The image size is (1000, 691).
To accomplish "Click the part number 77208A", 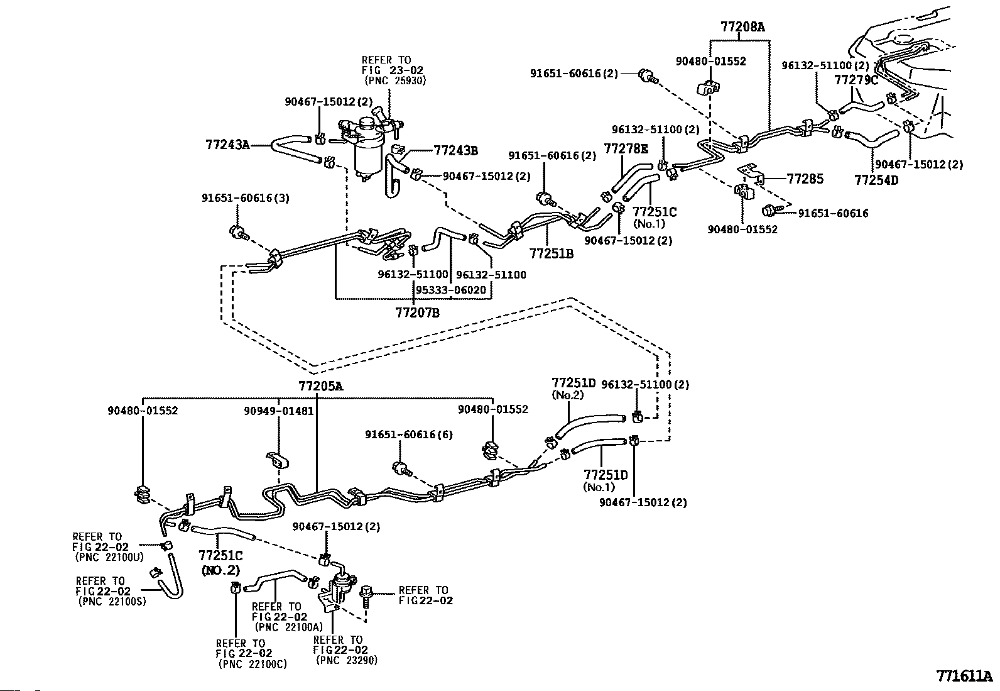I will tap(742, 27).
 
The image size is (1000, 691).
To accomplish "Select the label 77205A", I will tap(321, 386).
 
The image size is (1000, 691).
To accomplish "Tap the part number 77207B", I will tap(417, 311).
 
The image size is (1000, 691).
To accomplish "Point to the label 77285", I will tap(805, 179).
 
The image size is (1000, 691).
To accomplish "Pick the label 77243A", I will tap(227, 145).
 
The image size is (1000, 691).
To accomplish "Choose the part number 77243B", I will tap(455, 150).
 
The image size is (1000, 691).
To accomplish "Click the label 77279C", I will tap(856, 80).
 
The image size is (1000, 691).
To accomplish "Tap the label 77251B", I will tap(552, 253).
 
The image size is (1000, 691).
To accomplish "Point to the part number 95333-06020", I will tap(450, 290).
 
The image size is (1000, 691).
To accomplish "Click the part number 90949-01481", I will tap(278, 411).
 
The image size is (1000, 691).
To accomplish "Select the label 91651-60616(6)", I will tap(408, 434).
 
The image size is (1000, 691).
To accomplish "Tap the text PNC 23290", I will tap(347, 660).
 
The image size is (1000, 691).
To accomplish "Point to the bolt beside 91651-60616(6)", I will tap(402, 467).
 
